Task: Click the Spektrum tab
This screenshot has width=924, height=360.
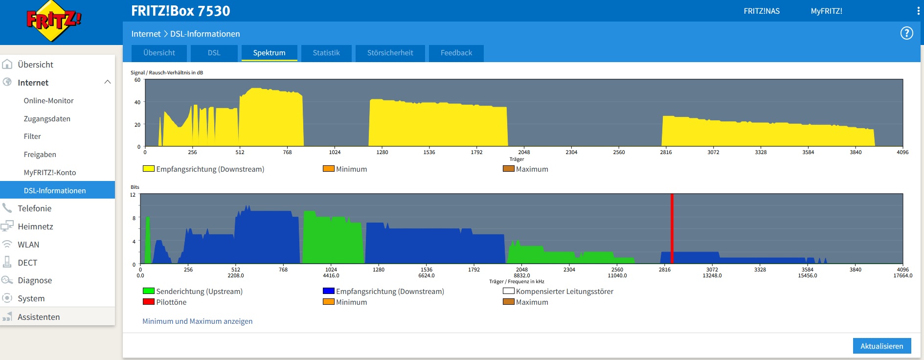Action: (269, 53)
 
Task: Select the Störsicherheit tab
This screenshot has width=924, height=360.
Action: (390, 53)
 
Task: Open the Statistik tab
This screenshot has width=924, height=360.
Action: (326, 53)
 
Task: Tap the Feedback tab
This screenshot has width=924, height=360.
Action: (456, 53)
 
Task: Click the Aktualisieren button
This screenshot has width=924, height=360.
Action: (882, 346)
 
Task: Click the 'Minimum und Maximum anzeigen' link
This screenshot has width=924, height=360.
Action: (198, 321)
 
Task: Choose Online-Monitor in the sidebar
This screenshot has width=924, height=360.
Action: (48, 101)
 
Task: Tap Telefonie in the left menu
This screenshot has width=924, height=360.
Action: (34, 208)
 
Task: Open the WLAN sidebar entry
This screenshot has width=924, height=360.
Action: (28, 245)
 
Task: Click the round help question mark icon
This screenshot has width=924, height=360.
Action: (907, 33)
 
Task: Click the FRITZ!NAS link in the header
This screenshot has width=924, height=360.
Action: (762, 11)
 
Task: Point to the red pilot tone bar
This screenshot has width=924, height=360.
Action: (672, 228)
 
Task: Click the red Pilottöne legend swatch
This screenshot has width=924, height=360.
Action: (149, 302)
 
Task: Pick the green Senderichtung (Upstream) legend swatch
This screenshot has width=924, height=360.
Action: (149, 291)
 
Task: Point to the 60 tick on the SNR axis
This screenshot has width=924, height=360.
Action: (137, 80)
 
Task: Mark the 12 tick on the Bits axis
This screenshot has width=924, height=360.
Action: (133, 195)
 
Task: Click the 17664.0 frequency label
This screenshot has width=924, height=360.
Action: (902, 275)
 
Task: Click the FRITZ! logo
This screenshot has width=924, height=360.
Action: (54, 21)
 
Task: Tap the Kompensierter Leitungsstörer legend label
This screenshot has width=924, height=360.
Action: (564, 292)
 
